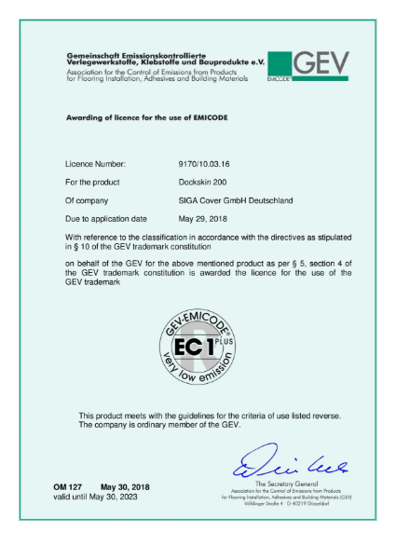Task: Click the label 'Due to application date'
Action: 107,219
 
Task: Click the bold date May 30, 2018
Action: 124,487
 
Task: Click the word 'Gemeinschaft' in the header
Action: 92,55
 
